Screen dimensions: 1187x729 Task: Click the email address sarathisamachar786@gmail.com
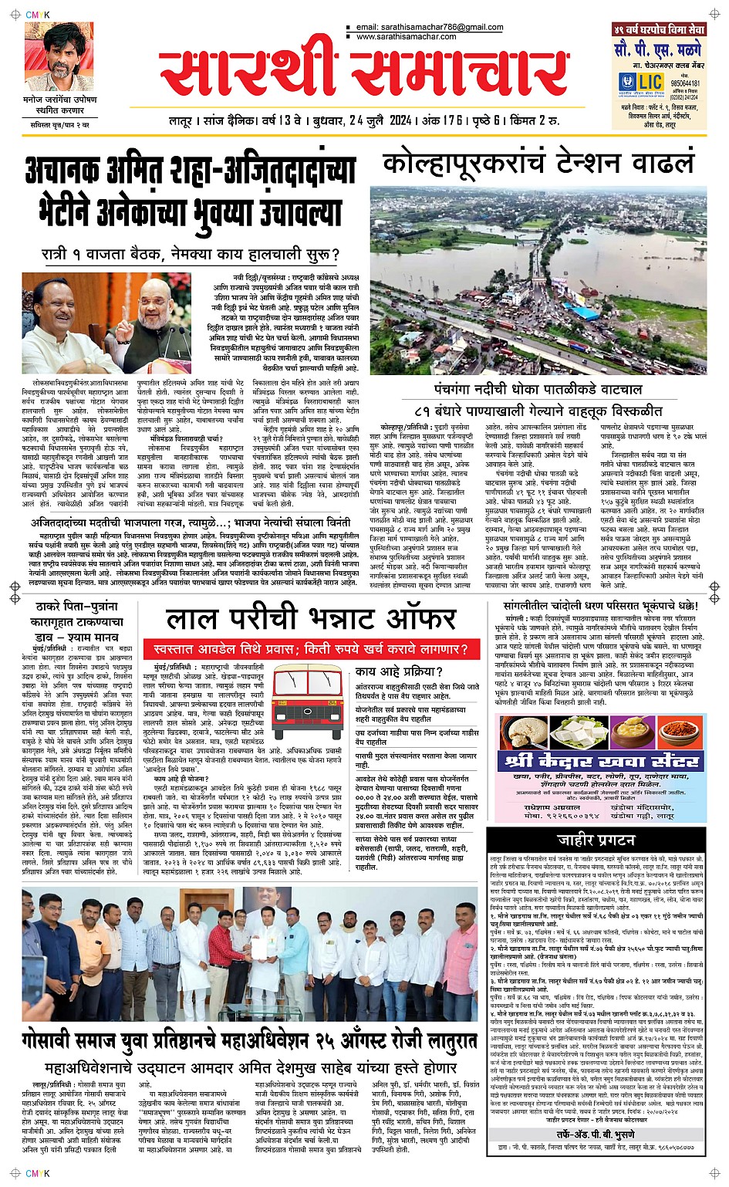point(430,27)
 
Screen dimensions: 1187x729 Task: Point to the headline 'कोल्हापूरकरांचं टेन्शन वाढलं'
point(538,164)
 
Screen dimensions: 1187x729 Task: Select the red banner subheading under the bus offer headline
point(310,649)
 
